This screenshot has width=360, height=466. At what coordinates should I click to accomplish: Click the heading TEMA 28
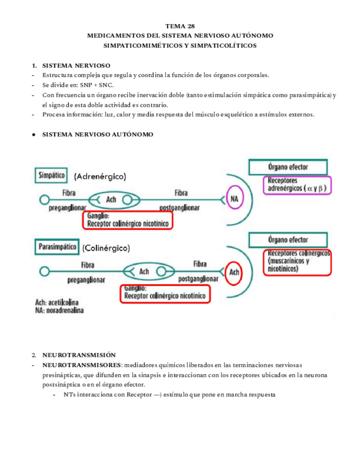pyautogui.click(x=180, y=26)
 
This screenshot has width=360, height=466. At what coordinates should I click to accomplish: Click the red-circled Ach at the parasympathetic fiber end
pyautogui.click(x=234, y=271)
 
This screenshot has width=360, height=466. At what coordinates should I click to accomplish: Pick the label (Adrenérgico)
pyautogui.click(x=100, y=176)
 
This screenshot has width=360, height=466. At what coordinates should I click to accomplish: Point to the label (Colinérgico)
pyautogui.click(x=107, y=248)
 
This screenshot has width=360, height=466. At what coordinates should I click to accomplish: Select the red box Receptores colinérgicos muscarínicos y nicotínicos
pyautogui.click(x=298, y=262)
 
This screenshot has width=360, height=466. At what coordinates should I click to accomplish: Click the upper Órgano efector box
pyautogui.click(x=288, y=167)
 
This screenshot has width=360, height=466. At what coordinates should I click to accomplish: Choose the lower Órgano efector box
pyautogui.click(x=288, y=240)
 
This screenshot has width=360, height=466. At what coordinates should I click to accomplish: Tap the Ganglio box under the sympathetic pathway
pyautogui.click(x=128, y=220)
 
